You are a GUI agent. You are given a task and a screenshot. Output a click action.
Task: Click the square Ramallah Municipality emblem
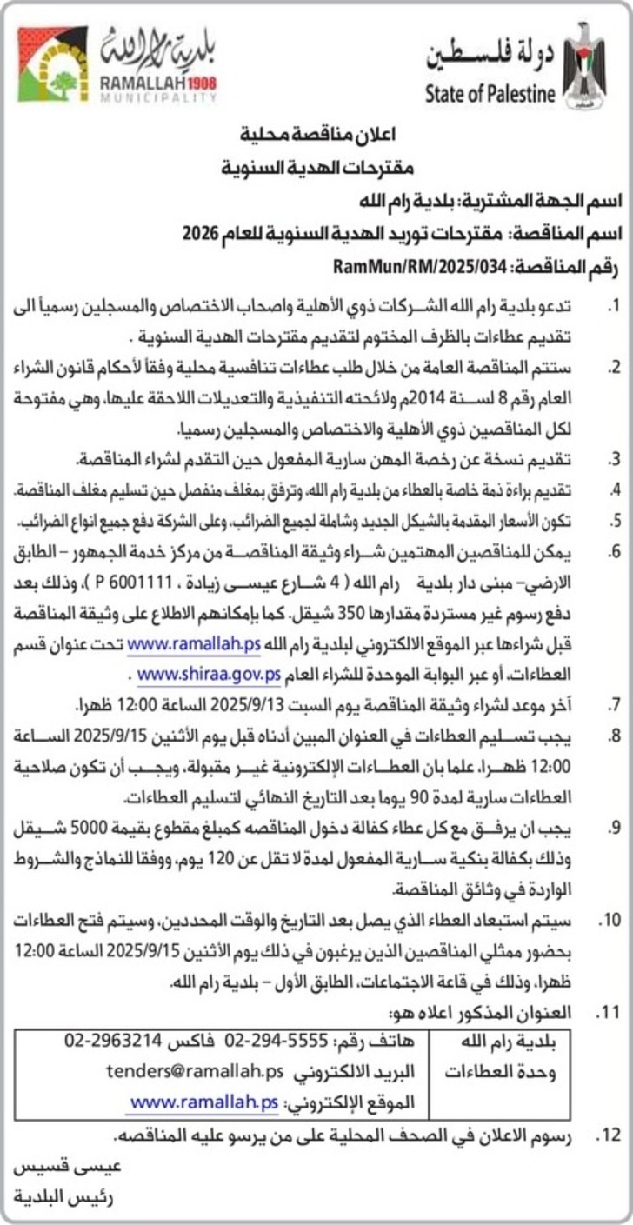coord(53,63)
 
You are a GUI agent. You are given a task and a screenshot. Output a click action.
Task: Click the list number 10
coord(610,920)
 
